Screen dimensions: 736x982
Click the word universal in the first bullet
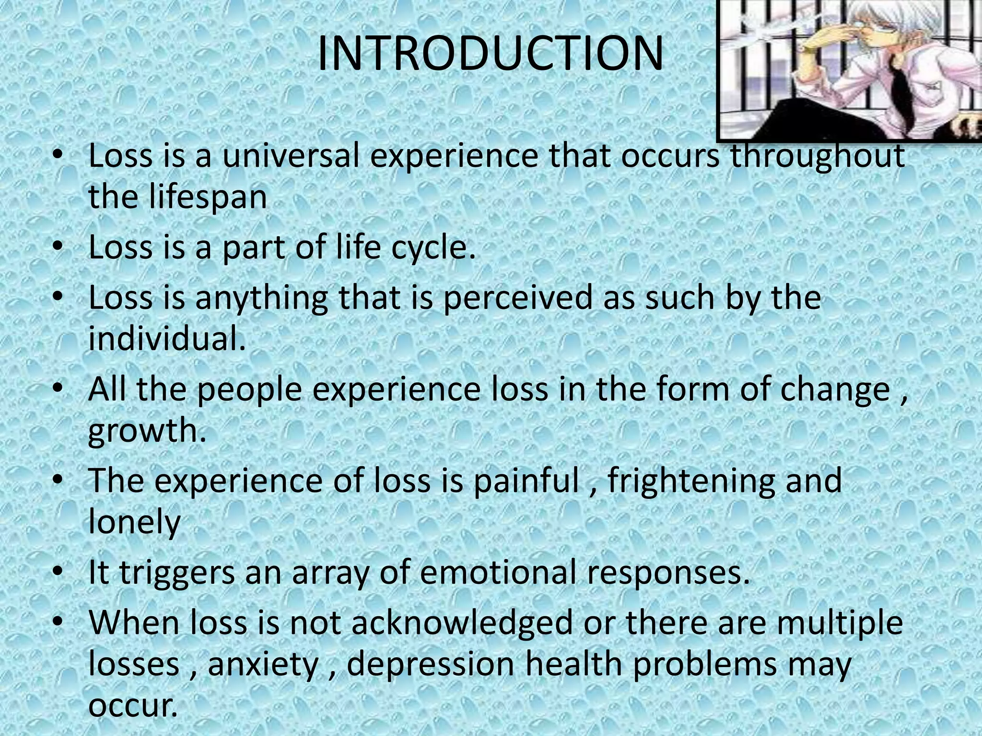click(x=291, y=156)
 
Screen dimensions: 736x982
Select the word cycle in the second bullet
click(x=433, y=247)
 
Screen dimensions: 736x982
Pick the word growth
click(x=147, y=430)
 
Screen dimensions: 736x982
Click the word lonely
click(x=134, y=522)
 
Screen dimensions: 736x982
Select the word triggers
click(x=177, y=573)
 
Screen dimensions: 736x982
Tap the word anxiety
click(x=263, y=665)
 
